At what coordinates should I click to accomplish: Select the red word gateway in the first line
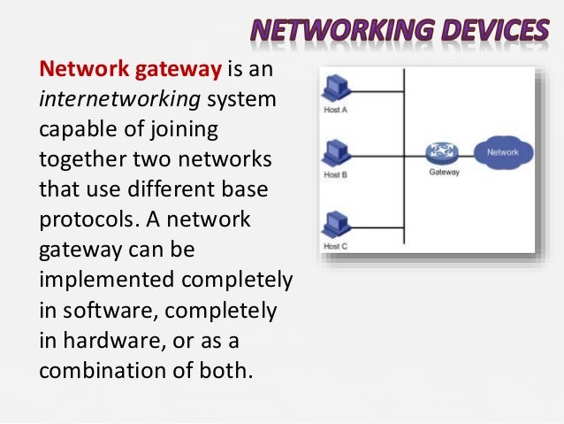pyautogui.click(x=167, y=69)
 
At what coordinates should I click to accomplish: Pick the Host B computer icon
pyautogui.click(x=337, y=151)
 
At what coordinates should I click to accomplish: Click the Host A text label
pyautogui.click(x=336, y=112)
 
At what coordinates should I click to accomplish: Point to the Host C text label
pyautogui.click(x=336, y=245)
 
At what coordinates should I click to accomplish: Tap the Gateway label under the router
pyautogui.click(x=444, y=173)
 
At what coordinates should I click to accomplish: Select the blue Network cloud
pyautogui.click(x=501, y=152)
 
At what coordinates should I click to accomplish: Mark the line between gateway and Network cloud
pyautogui.click(x=462, y=154)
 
